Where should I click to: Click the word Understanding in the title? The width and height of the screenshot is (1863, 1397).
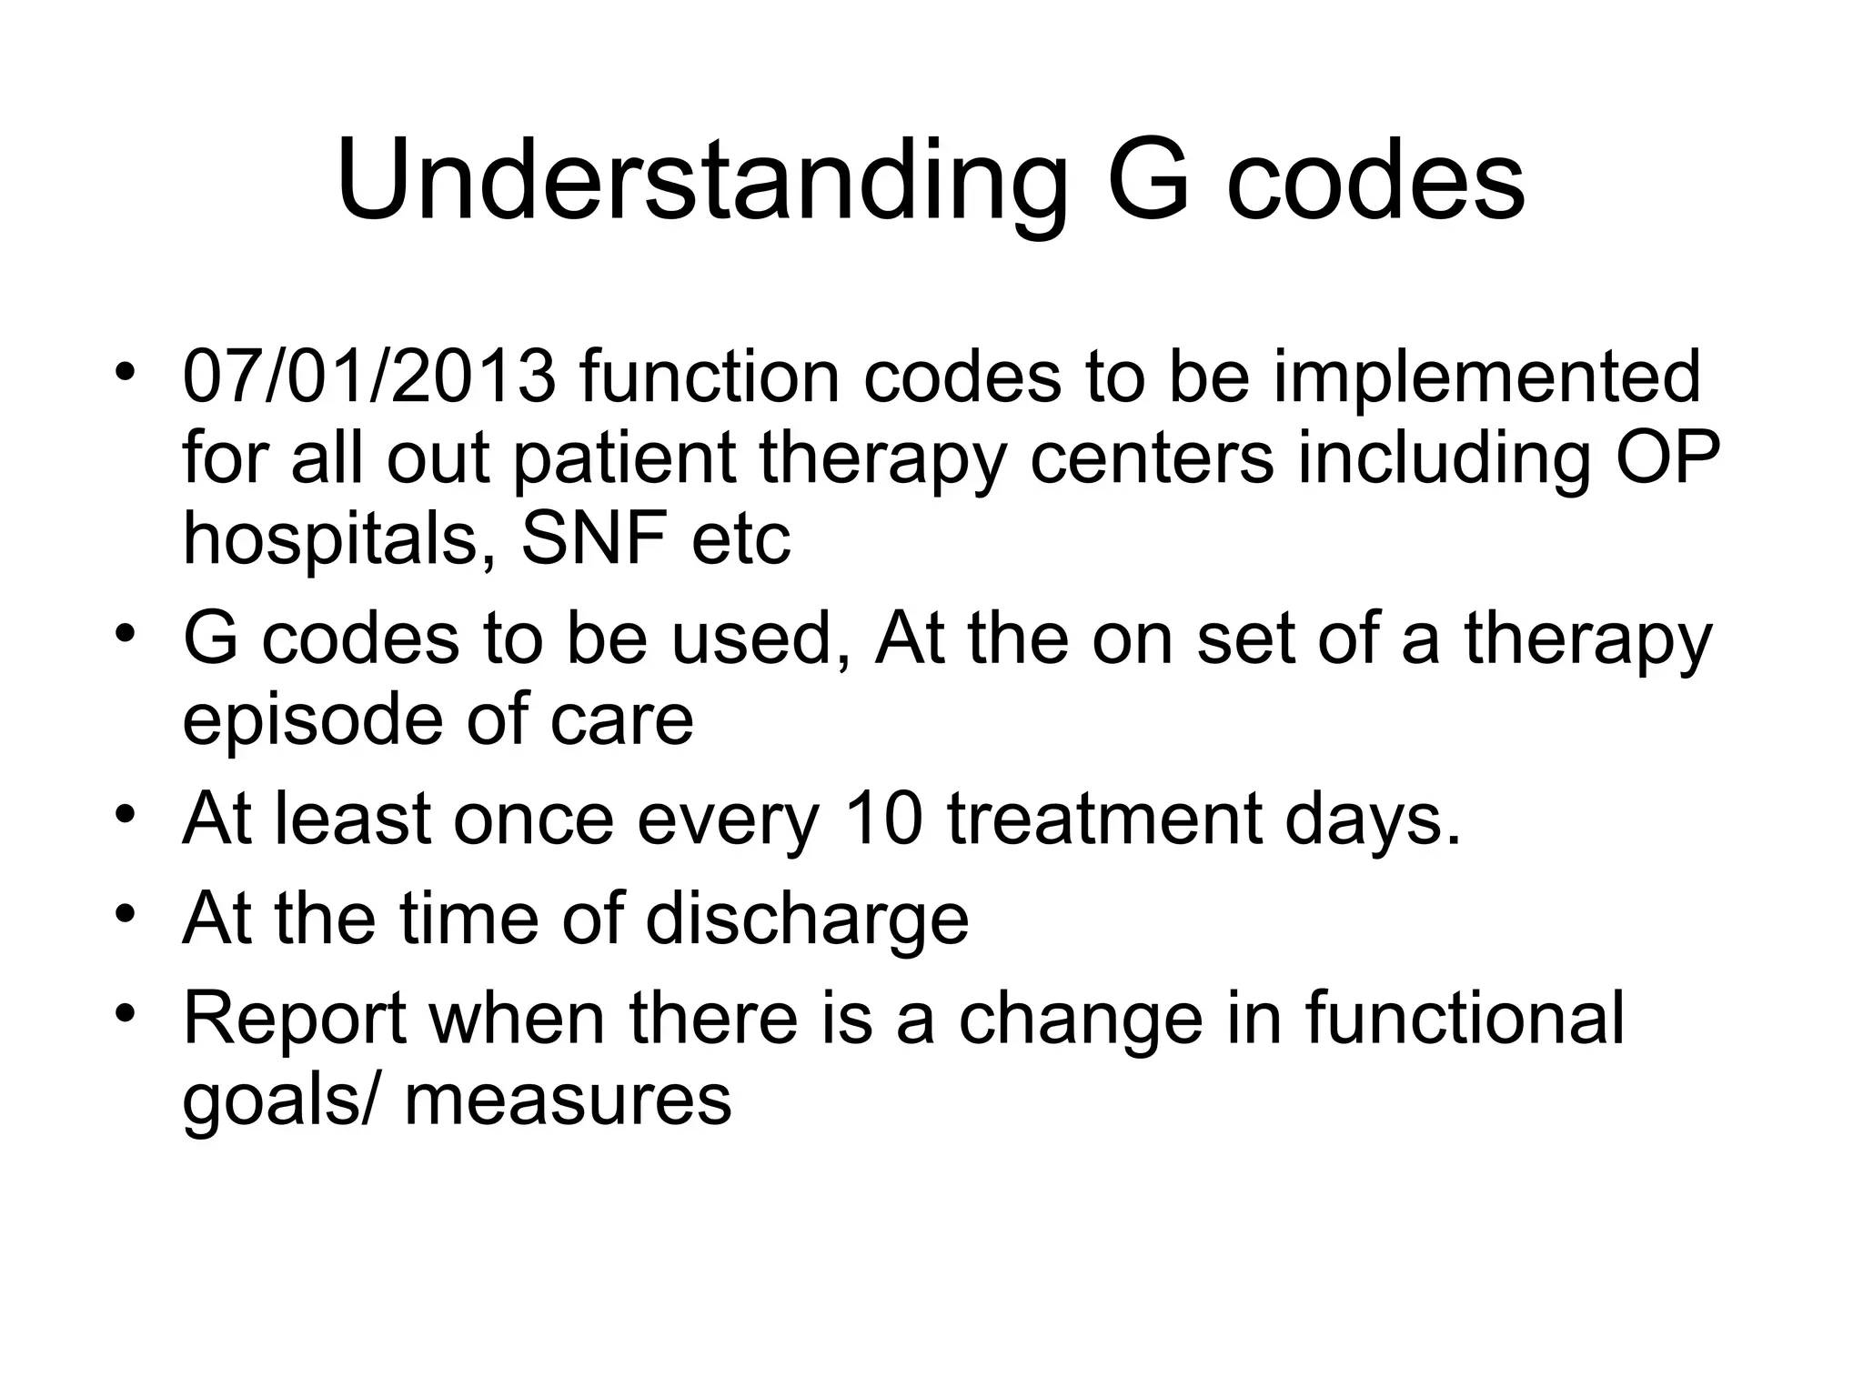700,182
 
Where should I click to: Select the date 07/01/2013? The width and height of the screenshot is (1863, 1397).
369,377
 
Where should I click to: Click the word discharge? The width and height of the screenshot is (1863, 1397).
807,919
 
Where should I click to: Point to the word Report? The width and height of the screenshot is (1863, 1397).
295,1019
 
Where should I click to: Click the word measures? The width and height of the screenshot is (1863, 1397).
568,1099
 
